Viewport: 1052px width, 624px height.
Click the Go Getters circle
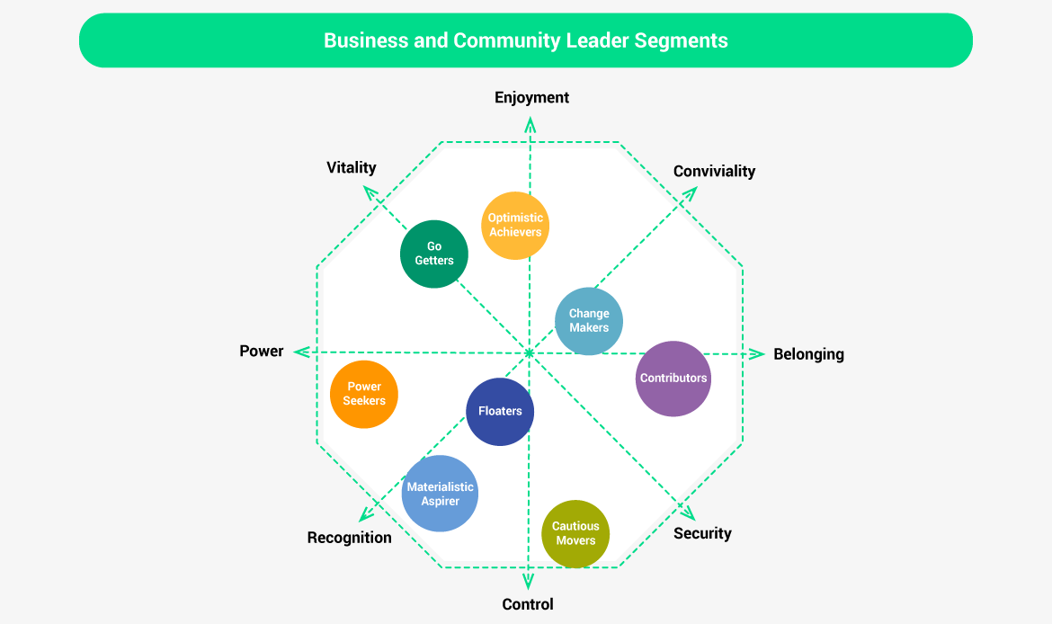pyautogui.click(x=434, y=254)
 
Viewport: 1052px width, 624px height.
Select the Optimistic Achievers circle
pyautogui.click(x=515, y=225)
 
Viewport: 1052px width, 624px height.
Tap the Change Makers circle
pyautogui.click(x=589, y=321)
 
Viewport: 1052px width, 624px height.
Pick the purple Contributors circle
pyautogui.click(x=673, y=379)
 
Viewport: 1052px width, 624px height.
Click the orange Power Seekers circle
pyautogui.click(x=364, y=394)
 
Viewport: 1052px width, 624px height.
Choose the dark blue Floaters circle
pyautogui.click(x=500, y=411)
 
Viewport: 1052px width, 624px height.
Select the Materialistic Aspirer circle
pyautogui.click(x=440, y=494)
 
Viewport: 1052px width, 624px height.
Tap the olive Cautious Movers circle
pyautogui.click(x=575, y=533)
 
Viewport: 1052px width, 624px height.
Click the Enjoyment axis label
pyautogui.click(x=531, y=97)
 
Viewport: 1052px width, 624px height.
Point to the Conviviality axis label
pyautogui.click(x=714, y=171)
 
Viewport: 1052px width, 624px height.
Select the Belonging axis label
pyautogui.click(x=808, y=354)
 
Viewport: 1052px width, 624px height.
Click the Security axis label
pyautogui.click(x=702, y=533)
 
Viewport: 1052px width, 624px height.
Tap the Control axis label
pyautogui.click(x=528, y=604)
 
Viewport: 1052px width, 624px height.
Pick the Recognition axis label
pyautogui.click(x=349, y=538)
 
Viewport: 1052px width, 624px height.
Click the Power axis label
pyautogui.click(x=262, y=352)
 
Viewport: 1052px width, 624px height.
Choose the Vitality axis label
pyautogui.click(x=351, y=167)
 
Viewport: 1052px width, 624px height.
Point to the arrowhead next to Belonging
pyautogui.click(x=758, y=353)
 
